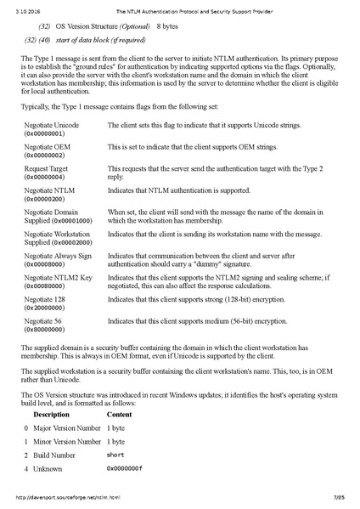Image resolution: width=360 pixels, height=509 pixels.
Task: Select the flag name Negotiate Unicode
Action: click(52, 125)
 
